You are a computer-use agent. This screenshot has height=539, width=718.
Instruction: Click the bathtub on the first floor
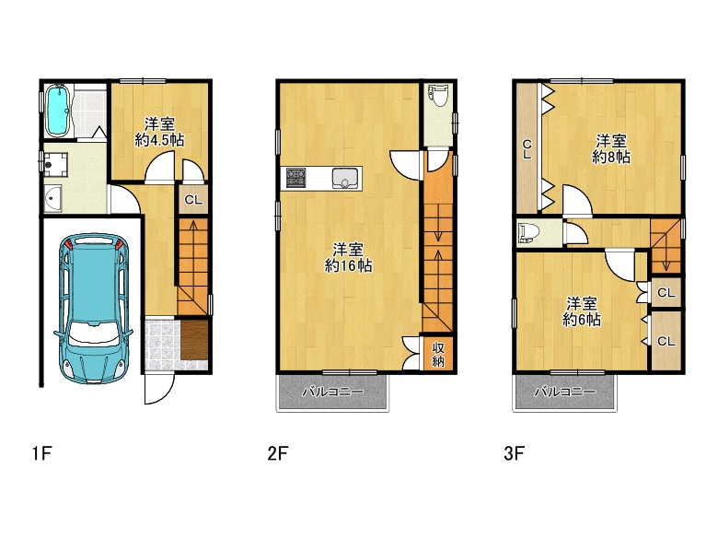click(58, 111)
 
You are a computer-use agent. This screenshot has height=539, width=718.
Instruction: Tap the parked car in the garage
click(93, 309)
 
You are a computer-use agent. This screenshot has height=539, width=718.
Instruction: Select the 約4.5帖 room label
click(160, 140)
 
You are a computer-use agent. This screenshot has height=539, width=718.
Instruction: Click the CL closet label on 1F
click(193, 200)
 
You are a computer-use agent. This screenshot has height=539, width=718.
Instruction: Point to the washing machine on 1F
click(56, 164)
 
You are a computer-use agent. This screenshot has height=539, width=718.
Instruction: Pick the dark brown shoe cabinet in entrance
click(194, 340)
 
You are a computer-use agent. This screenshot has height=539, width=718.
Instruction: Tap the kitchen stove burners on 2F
click(295, 179)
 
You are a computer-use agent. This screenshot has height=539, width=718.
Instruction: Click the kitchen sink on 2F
click(345, 179)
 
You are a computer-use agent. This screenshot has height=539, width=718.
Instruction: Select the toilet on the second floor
click(439, 95)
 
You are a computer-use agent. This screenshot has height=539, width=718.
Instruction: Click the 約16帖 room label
click(349, 265)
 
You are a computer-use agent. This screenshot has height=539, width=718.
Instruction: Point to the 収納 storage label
click(438, 355)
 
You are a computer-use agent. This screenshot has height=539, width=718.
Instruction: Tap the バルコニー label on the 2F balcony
click(333, 392)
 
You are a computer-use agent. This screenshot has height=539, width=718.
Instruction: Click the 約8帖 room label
click(611, 157)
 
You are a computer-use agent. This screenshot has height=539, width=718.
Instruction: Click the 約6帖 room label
click(582, 319)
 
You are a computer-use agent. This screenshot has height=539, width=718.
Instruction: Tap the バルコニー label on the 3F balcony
click(565, 392)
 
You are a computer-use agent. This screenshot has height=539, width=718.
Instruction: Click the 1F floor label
click(41, 453)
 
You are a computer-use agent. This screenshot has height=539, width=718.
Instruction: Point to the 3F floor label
click(514, 453)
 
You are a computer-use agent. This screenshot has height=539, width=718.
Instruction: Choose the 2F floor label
click(277, 453)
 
